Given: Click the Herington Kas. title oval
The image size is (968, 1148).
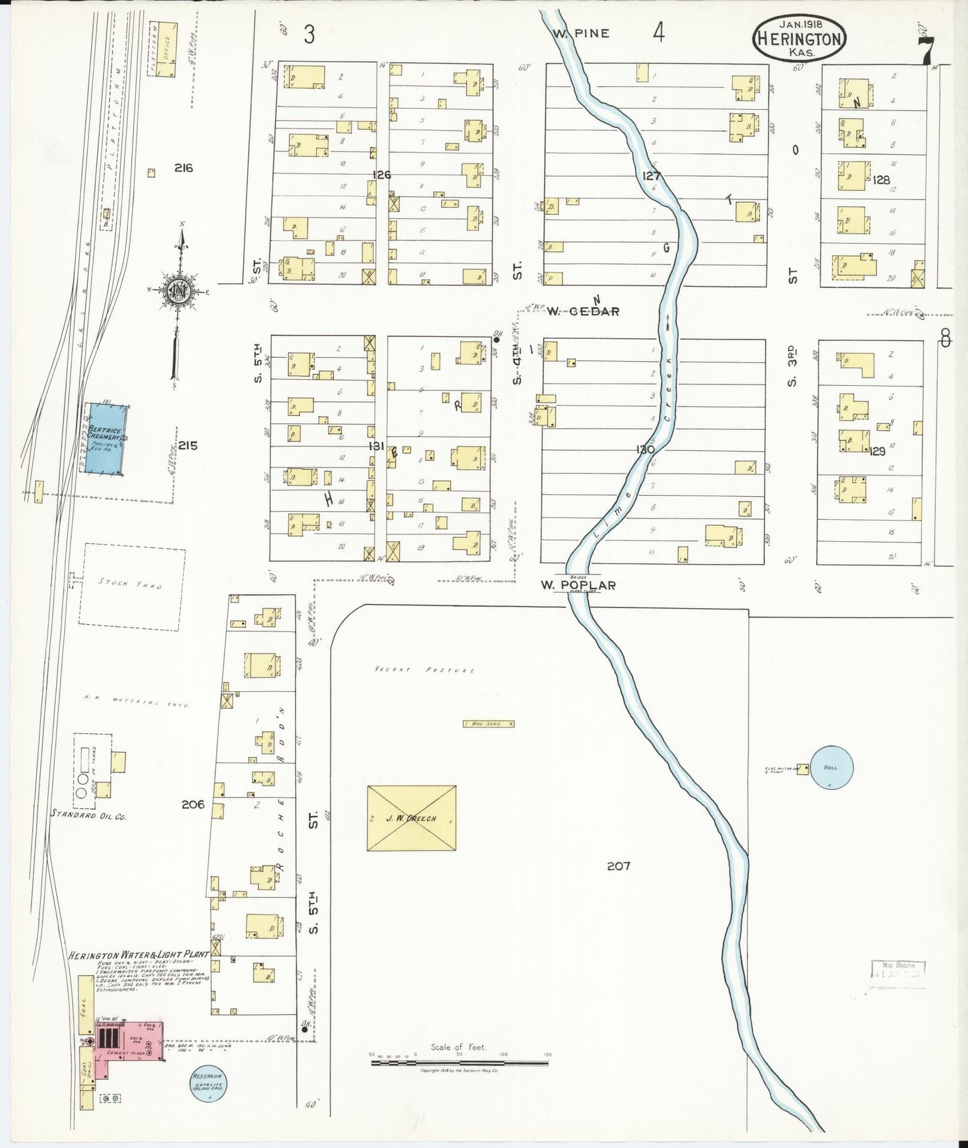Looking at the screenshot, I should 799,38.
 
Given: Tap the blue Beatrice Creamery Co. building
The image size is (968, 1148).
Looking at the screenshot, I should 105,439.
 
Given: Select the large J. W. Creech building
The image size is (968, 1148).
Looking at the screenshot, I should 411,818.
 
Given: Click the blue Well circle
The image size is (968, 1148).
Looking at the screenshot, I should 831,768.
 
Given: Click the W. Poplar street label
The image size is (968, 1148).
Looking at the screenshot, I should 579,585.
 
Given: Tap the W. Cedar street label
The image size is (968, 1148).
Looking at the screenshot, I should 583,311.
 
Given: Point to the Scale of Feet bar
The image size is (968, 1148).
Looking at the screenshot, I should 459,1062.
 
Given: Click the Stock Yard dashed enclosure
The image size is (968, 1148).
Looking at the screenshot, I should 131,587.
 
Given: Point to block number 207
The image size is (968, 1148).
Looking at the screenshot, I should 618,866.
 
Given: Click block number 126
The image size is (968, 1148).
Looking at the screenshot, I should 382,175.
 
